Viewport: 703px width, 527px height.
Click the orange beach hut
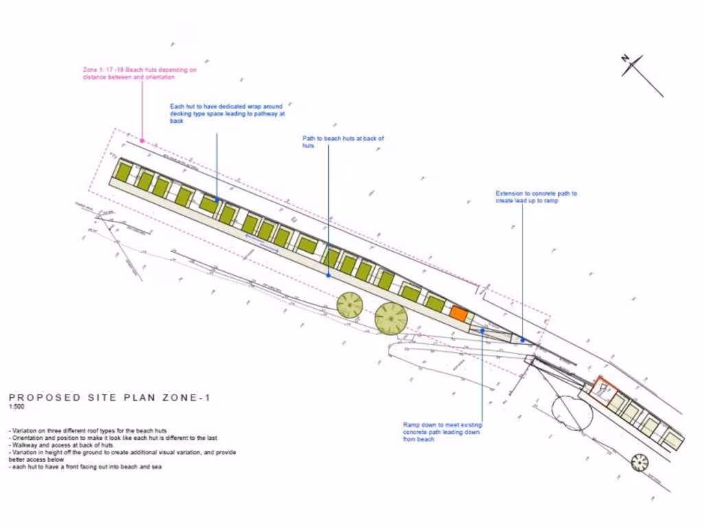click(459, 314)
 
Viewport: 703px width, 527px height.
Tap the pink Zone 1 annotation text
click(140, 73)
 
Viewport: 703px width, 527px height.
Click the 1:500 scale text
click(15, 407)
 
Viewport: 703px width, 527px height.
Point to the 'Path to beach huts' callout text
click(343, 142)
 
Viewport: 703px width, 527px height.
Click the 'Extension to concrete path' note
click(536, 197)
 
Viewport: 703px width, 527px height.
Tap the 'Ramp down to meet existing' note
click(442, 432)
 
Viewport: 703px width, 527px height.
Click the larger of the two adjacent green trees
click(391, 318)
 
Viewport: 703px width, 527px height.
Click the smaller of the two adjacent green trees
click(350, 305)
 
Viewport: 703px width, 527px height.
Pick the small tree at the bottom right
click(640, 462)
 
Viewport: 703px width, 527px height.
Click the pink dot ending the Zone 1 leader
click(142, 140)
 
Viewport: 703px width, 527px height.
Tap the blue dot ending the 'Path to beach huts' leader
click(328, 275)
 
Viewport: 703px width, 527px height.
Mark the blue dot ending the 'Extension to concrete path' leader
click(522, 339)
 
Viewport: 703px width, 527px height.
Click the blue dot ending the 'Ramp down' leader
click(483, 330)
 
